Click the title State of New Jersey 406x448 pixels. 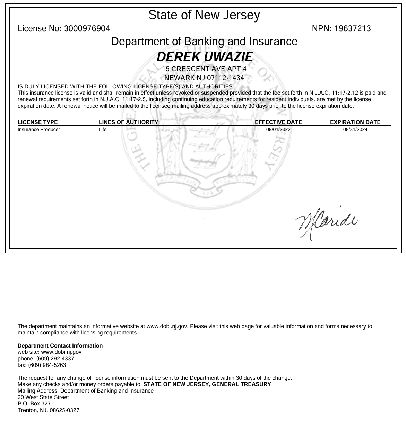pyautogui.click(x=204, y=15)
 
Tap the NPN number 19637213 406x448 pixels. pyautogui.click(x=352, y=29)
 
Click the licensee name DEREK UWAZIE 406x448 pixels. pyautogui.click(x=205, y=57)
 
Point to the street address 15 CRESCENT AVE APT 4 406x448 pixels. pyautogui.click(x=205, y=69)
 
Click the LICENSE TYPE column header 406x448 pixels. pyautogui.click(x=37, y=122)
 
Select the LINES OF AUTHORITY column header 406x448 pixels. pyautogui.click(x=128, y=122)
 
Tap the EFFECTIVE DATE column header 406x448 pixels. pyautogui.click(x=278, y=122)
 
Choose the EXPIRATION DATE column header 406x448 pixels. pyautogui.click(x=355, y=122)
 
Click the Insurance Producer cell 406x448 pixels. pyautogui.click(x=39, y=130)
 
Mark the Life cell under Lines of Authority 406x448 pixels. pyautogui.click(x=103, y=130)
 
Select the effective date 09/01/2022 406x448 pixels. pyautogui.click(x=278, y=130)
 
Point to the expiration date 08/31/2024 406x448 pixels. pyautogui.click(x=355, y=130)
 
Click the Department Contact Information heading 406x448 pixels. pyautogui.click(x=60, y=346)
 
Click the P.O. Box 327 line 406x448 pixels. pyautogui.click(x=34, y=404)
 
